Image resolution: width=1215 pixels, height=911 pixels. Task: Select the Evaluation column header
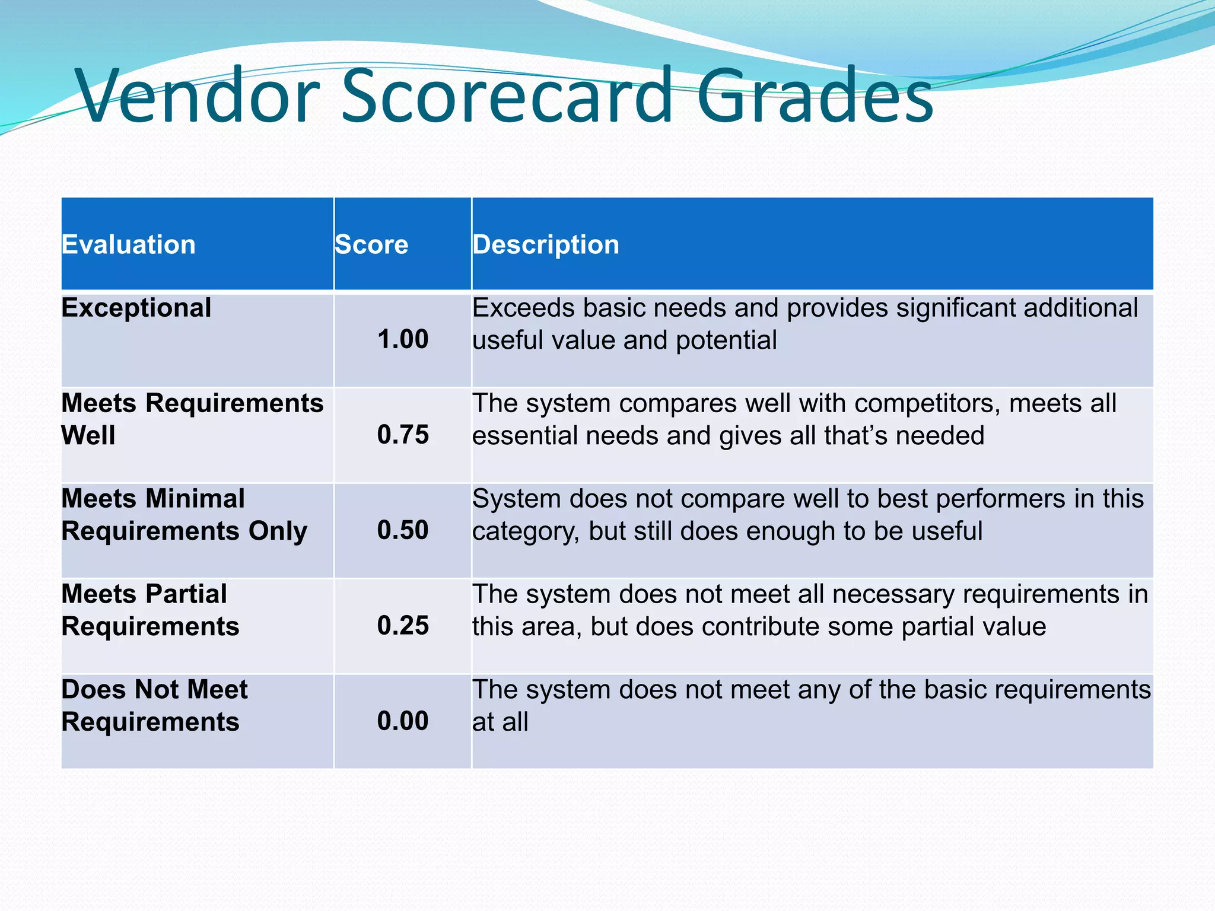pos(129,244)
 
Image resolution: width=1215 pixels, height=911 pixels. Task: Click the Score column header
pos(371,244)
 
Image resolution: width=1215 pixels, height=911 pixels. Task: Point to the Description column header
pos(546,244)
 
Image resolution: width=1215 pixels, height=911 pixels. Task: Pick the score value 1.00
pos(403,340)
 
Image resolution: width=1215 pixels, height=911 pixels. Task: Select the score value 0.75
pos(403,435)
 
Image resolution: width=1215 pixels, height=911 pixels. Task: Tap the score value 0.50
pos(403,530)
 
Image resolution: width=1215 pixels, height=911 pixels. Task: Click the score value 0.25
pos(403,626)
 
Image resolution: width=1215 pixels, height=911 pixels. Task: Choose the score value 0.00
pos(403,721)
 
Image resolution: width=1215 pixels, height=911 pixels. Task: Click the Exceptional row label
pos(136,308)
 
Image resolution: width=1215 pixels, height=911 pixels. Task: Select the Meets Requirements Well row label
pos(192,419)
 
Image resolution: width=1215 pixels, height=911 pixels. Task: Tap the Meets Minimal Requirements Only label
pos(184,515)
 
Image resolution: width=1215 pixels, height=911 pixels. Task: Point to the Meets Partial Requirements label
pos(150,610)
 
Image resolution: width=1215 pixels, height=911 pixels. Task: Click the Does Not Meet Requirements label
pos(154,706)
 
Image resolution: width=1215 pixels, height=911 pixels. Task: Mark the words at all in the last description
pos(500,722)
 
